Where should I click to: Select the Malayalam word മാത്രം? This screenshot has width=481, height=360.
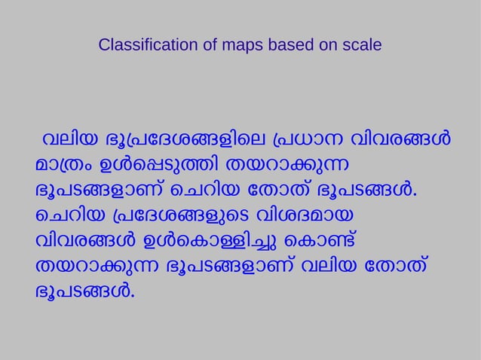[63, 164]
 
